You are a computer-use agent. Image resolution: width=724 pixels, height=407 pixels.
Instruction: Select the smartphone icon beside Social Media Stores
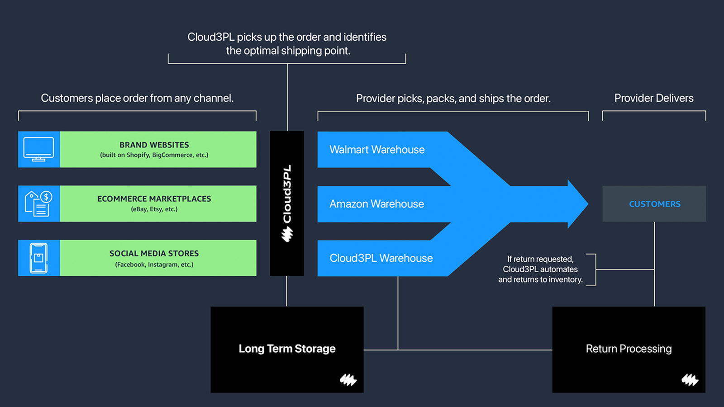[38, 258]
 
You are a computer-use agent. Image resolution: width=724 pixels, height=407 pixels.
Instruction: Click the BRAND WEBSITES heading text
[154, 145]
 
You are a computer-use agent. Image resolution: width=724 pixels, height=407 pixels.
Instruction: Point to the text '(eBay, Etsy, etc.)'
[154, 209]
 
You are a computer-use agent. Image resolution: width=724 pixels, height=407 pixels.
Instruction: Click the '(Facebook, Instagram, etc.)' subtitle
[154, 265]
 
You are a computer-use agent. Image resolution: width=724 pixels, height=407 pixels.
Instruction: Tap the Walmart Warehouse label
[376, 150]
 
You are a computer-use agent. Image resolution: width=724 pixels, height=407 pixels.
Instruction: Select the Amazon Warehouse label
[376, 204]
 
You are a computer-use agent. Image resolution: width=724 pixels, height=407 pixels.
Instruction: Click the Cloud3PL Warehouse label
[381, 258]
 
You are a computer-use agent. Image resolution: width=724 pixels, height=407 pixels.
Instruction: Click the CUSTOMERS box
[654, 204]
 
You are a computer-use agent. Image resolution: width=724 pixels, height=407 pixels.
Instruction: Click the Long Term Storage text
[287, 349]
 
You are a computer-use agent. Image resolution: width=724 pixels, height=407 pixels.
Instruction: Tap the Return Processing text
[628, 349]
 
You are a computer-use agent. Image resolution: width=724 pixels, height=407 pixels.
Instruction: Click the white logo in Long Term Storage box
[348, 380]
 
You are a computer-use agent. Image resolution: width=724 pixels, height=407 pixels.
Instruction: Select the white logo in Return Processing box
[690, 380]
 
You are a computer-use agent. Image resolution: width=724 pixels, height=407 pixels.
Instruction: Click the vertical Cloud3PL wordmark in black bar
[287, 194]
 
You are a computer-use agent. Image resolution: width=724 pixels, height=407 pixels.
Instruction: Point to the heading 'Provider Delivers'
[653, 98]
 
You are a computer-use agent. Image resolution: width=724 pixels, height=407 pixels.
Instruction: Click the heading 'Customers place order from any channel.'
[137, 98]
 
